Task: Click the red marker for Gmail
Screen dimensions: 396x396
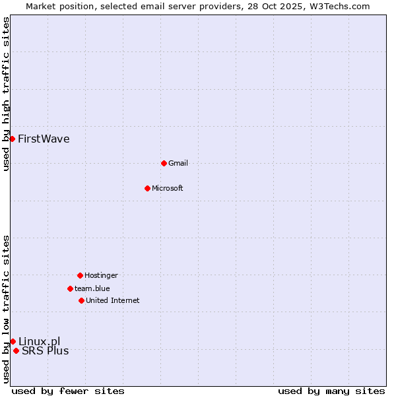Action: tap(164, 163)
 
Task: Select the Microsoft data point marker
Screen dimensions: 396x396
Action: tap(147, 188)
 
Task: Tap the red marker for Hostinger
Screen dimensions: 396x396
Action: tap(80, 275)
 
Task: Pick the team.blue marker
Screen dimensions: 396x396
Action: tap(70, 288)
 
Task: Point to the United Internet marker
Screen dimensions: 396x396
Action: tap(81, 300)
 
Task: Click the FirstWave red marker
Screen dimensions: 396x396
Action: tap(12, 139)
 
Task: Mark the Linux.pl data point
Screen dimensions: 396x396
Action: tap(13, 341)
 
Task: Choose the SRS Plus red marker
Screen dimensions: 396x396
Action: tap(16, 350)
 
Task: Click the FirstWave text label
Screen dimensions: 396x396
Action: tap(44, 139)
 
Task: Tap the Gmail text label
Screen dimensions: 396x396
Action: tap(178, 163)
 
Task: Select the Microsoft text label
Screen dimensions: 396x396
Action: tap(168, 188)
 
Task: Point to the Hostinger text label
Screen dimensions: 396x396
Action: tap(101, 275)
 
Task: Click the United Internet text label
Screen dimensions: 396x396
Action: tap(113, 300)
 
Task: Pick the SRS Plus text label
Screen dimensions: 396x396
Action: tap(45, 350)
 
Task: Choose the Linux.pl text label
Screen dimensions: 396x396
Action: tap(39, 341)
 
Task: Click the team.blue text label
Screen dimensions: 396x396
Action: tap(92, 288)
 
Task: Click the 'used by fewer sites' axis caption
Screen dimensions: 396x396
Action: tap(68, 391)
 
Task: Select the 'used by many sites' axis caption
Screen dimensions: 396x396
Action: tap(331, 391)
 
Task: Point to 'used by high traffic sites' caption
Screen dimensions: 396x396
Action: tap(6, 94)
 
